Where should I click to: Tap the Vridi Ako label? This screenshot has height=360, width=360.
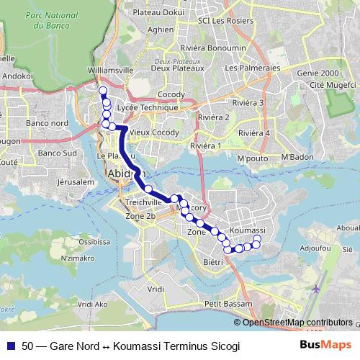tap(92, 305)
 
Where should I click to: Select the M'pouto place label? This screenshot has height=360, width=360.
tap(252, 158)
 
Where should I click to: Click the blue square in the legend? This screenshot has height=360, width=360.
tap(9, 346)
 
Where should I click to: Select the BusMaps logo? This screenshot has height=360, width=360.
tap(324, 345)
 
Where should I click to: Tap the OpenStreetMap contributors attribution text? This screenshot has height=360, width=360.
tap(297, 323)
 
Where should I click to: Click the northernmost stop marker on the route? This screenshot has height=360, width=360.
tap(102, 91)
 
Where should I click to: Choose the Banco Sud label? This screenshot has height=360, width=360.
tap(57, 153)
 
